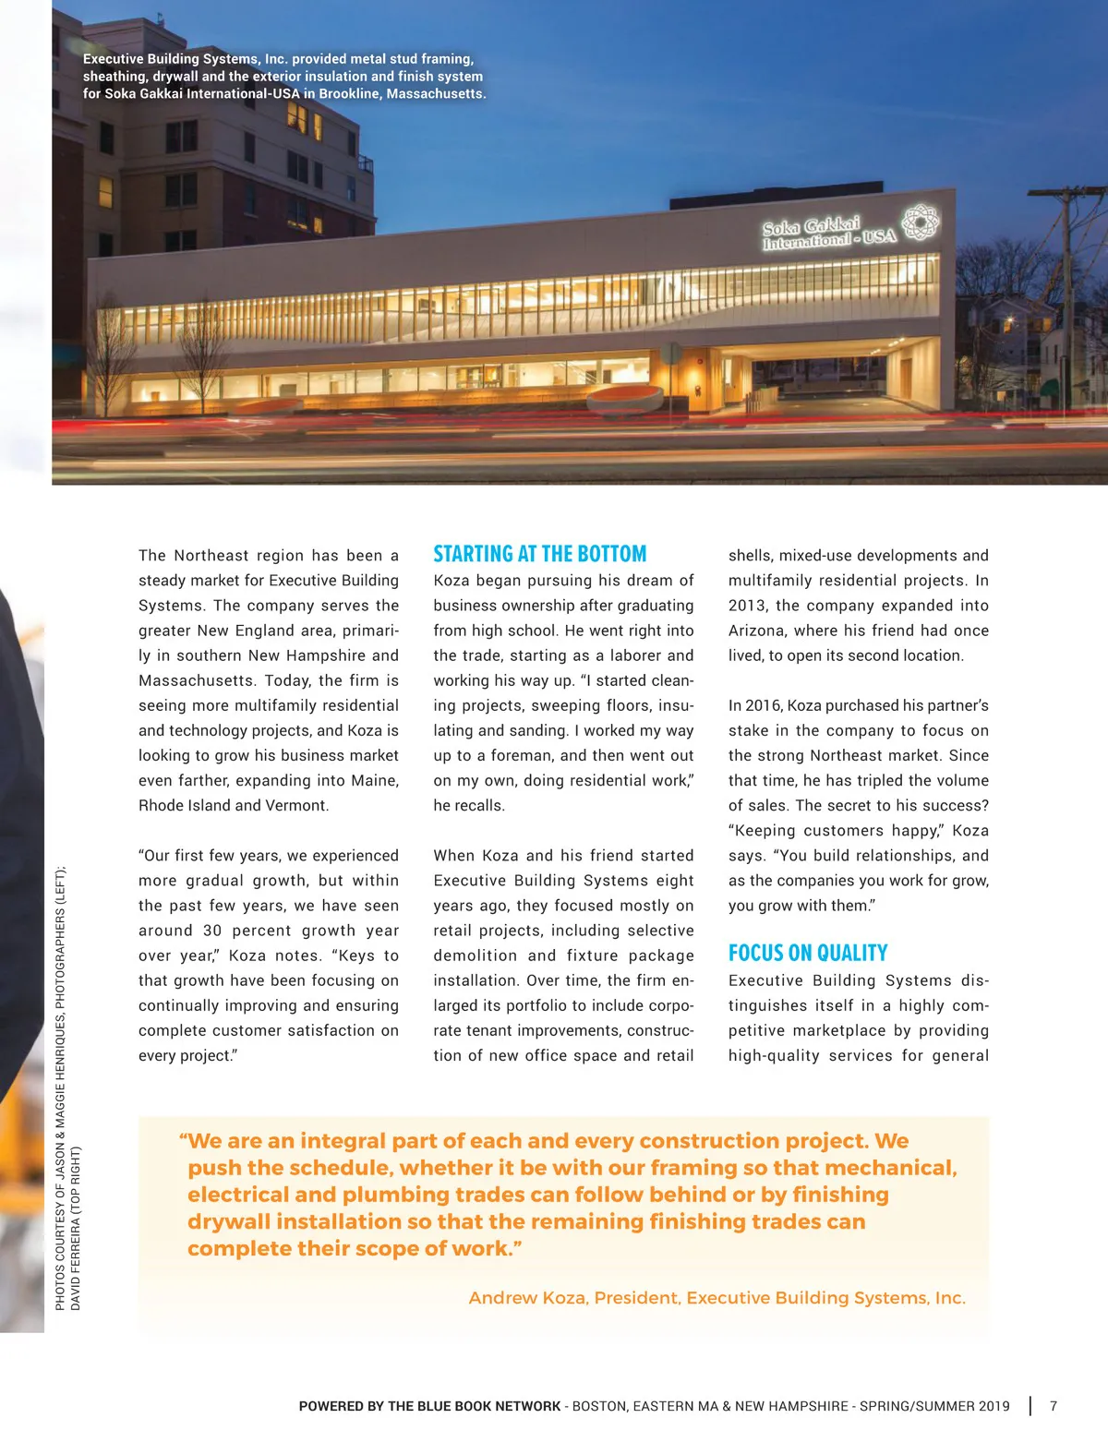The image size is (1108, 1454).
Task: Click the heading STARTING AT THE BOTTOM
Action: [x=539, y=554]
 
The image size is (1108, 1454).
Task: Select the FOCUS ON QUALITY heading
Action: [x=807, y=953]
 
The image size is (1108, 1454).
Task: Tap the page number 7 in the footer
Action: [x=1054, y=1406]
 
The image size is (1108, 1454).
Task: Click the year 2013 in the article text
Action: [x=747, y=606]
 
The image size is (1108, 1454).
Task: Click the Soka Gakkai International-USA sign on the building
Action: [x=826, y=234]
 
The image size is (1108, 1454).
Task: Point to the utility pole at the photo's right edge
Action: [x=1066, y=277]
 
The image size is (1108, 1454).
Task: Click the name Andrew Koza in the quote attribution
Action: [x=527, y=1298]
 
